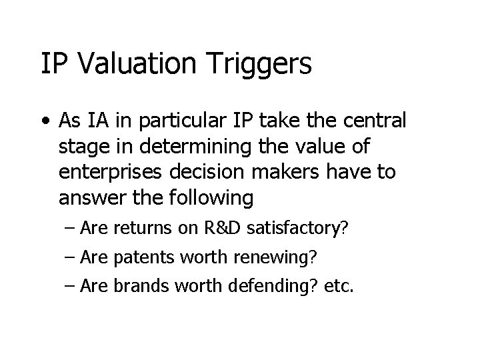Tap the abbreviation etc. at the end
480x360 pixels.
coord(341,286)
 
